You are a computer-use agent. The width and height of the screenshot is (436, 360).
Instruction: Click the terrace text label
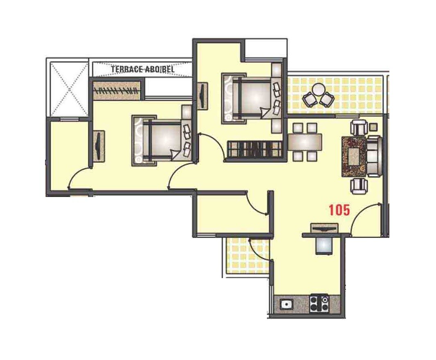(142, 70)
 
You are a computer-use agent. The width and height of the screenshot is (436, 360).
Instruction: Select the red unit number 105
(339, 211)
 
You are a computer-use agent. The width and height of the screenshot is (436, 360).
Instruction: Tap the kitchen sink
(285, 304)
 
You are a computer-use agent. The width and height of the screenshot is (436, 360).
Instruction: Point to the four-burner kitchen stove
(319, 303)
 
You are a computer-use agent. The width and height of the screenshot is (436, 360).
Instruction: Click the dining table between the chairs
(305, 142)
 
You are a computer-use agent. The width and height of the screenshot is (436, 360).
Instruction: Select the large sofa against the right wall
(374, 156)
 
